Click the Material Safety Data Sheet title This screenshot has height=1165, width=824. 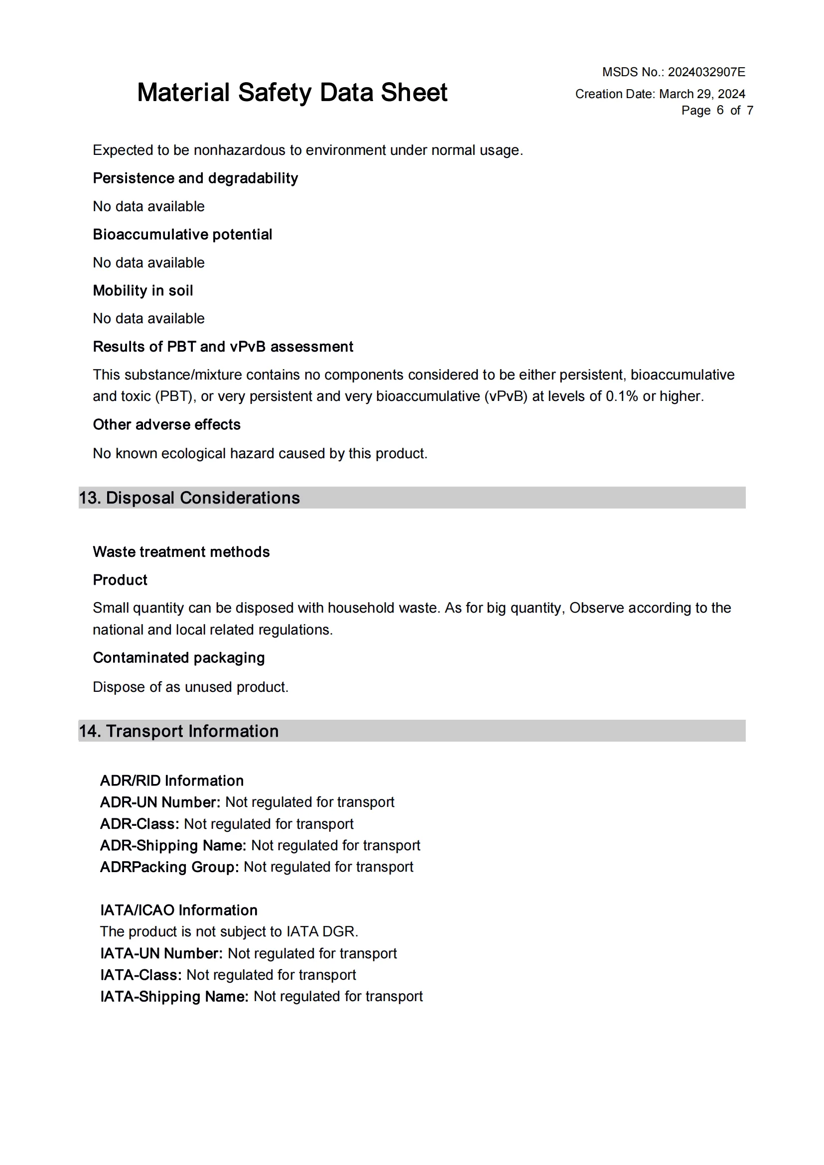292,93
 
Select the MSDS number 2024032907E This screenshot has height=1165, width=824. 706,72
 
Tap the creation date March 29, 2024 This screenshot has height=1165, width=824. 702,94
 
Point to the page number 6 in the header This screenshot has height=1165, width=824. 720,110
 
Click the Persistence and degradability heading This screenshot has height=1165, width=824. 195,178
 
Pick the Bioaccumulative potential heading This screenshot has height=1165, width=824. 183,235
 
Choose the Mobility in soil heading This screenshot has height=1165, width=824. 143,290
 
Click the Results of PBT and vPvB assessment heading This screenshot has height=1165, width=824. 223,347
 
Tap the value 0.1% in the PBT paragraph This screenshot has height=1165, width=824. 622,396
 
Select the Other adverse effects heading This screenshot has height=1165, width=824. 166,424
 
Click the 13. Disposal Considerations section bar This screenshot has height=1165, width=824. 412,498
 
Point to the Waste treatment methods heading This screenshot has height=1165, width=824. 181,551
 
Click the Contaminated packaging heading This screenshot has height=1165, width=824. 179,657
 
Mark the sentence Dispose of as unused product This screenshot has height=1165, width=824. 190,686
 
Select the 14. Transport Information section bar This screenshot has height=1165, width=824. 412,731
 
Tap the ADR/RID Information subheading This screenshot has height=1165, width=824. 171,780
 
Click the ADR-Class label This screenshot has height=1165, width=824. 139,823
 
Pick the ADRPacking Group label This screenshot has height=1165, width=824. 169,867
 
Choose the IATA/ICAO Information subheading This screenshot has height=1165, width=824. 179,910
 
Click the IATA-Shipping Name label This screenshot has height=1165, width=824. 174,996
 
